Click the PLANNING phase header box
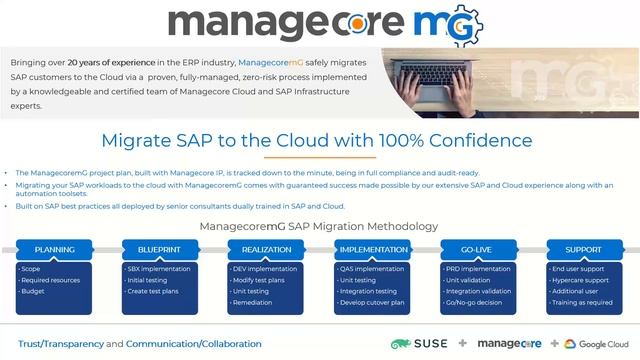(54, 249)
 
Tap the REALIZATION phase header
(266, 249)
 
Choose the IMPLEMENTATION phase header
(372, 249)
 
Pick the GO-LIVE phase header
(478, 249)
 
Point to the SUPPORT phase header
(584, 249)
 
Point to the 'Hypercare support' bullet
(581, 280)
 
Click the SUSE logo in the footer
(417, 343)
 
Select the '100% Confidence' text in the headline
(464, 141)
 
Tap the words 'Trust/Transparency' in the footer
(61, 344)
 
